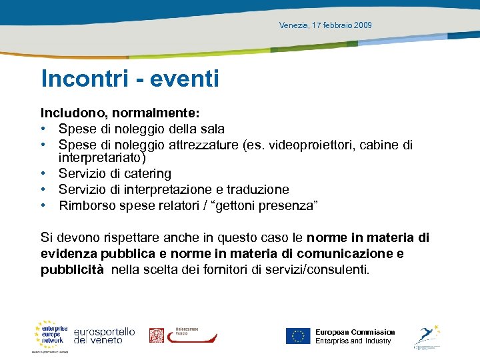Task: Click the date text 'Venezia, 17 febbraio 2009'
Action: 325,25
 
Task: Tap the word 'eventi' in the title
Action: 185,79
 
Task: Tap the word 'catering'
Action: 145,174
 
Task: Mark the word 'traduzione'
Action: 256,190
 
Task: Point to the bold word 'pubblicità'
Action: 72,270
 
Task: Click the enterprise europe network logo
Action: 51,335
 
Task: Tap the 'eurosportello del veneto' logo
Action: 104,335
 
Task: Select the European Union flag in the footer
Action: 298,336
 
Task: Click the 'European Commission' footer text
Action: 355,332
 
